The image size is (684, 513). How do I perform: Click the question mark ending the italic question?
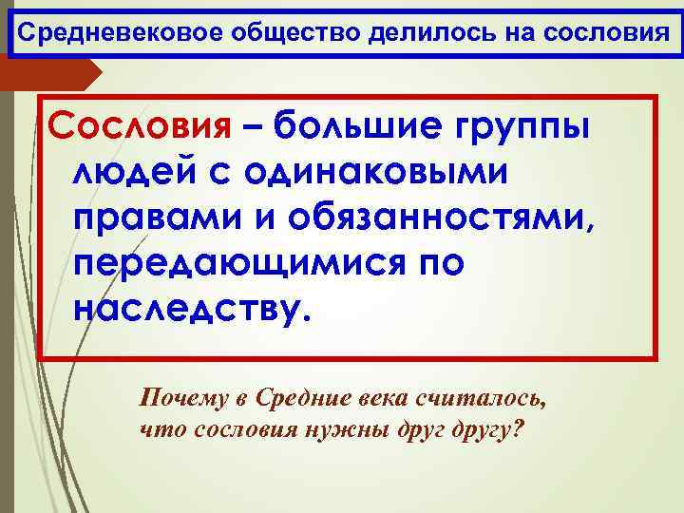tap(516, 428)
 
